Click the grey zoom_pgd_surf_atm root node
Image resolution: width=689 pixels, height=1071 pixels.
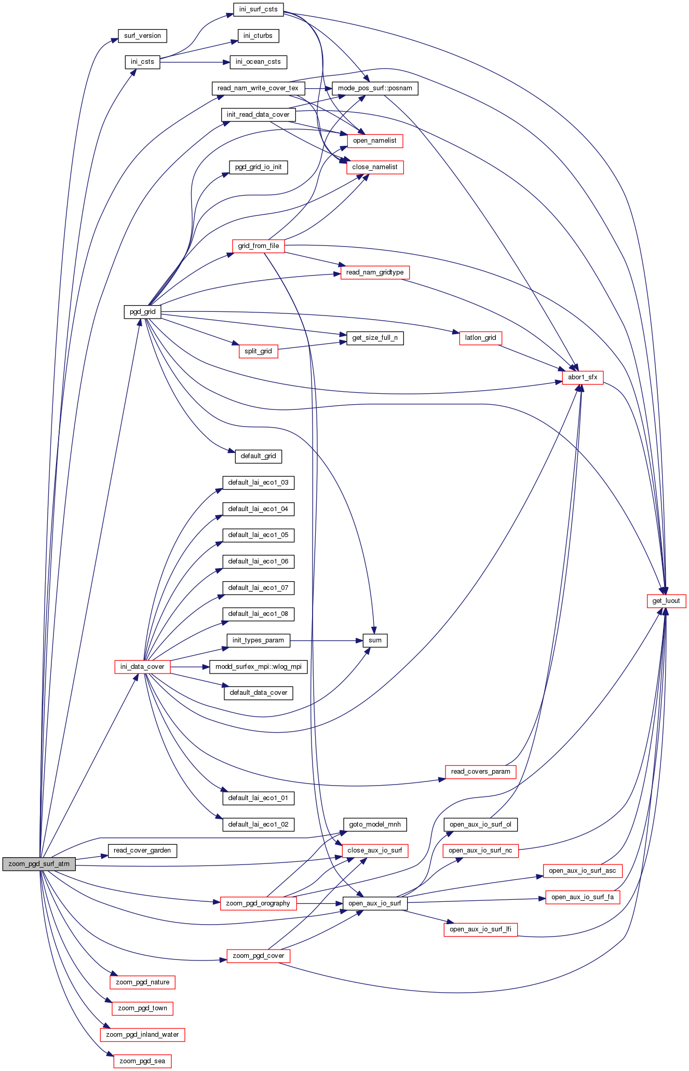pyautogui.click(x=39, y=864)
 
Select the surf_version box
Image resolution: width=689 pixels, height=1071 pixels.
pyautogui.click(x=142, y=36)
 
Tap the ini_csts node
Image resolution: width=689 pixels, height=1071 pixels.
pyautogui.click(x=142, y=62)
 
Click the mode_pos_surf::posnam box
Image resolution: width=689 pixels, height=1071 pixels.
pyautogui.click(x=375, y=88)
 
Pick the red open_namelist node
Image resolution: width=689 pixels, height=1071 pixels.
pyautogui.click(x=375, y=141)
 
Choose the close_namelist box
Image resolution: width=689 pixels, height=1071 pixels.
pyautogui.click(x=375, y=167)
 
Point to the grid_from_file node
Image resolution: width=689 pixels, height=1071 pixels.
pyautogui.click(x=259, y=246)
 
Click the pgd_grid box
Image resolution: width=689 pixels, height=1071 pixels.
pyautogui.click(x=142, y=312)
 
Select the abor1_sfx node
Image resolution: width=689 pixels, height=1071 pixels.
pyautogui.click(x=583, y=377)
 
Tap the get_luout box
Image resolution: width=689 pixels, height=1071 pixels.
pyautogui.click(x=666, y=601)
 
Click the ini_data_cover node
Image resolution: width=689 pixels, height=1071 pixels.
pyautogui.click(x=142, y=667)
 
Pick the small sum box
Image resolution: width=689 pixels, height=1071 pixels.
pyautogui.click(x=375, y=640)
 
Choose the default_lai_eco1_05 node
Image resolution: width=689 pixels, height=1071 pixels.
pyautogui.click(x=259, y=535)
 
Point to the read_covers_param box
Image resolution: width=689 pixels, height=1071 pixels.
pyautogui.click(x=481, y=772)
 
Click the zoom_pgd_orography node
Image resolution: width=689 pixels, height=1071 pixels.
pyautogui.click(x=259, y=903)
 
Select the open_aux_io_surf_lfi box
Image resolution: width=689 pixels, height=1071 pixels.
pyautogui.click(x=481, y=929)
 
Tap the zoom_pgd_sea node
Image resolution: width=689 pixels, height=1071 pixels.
pyautogui.click(x=142, y=1061)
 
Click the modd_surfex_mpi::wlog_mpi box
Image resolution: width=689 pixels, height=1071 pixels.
pyautogui.click(x=259, y=667)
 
